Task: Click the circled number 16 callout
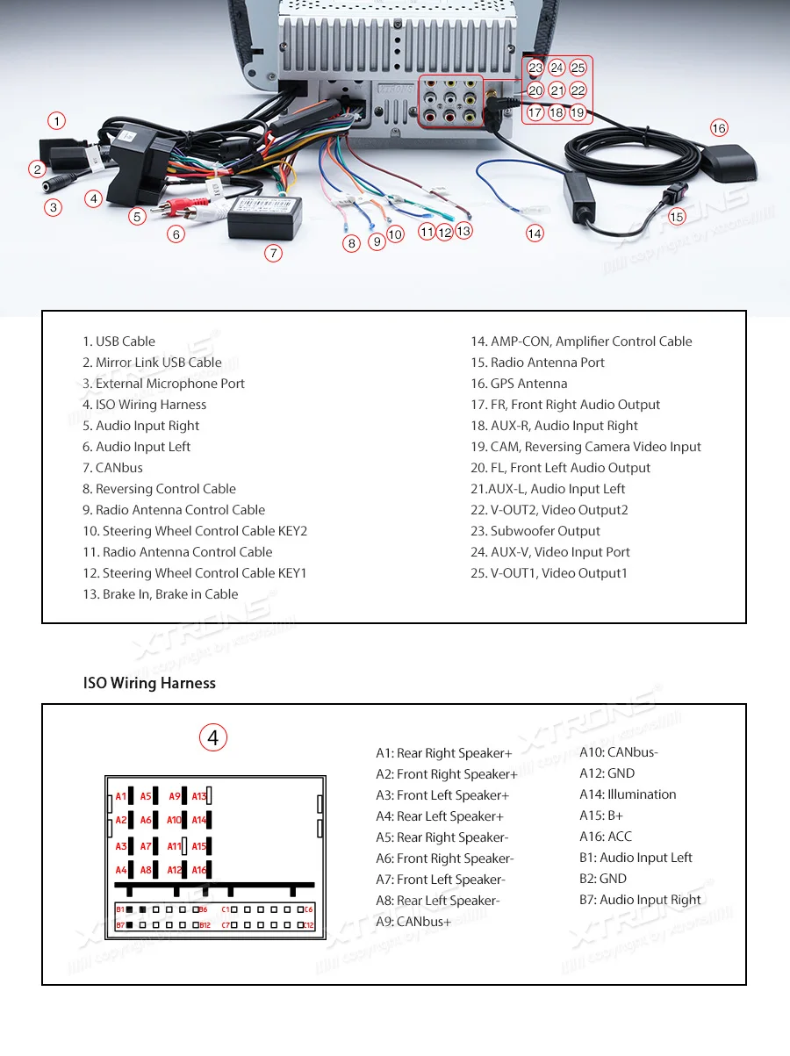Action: [719, 128]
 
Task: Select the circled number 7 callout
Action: [274, 253]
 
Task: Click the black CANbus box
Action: [264, 216]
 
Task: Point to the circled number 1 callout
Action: [56, 121]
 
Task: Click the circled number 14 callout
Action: [535, 233]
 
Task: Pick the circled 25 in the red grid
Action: [578, 68]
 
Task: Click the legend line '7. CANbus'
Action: [112, 468]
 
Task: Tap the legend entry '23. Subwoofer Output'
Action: [535, 531]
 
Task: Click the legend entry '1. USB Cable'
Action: [118, 341]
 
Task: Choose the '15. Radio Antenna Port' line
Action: [537, 363]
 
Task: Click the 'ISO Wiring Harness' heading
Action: [149, 683]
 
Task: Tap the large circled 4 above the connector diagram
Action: [212, 737]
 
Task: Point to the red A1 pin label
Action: [120, 797]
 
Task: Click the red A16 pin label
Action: [199, 871]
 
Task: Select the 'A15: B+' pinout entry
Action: [601, 815]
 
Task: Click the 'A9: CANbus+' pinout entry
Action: [413, 922]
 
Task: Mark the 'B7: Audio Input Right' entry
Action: [640, 900]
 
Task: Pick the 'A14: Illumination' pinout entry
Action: [628, 794]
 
